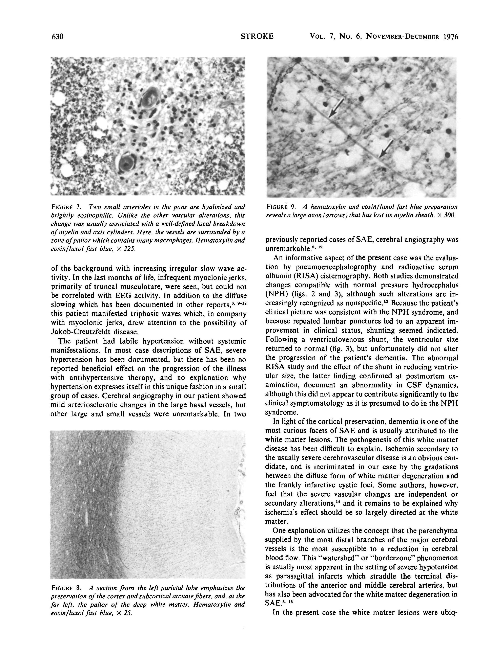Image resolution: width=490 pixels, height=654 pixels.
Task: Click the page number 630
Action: (x=57, y=37)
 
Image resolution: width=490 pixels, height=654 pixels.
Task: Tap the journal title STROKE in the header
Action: (x=257, y=36)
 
